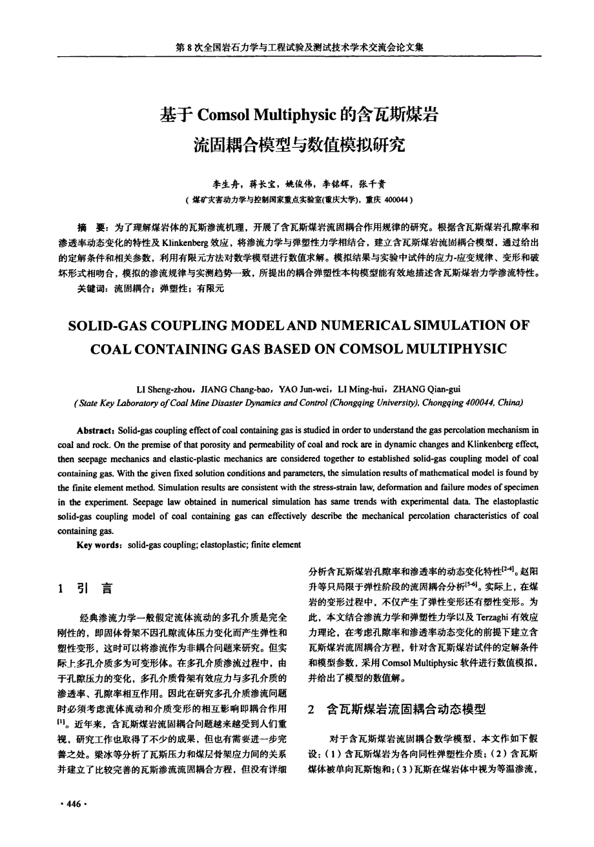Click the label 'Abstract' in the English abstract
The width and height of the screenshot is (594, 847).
pyautogui.click(x=96, y=430)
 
